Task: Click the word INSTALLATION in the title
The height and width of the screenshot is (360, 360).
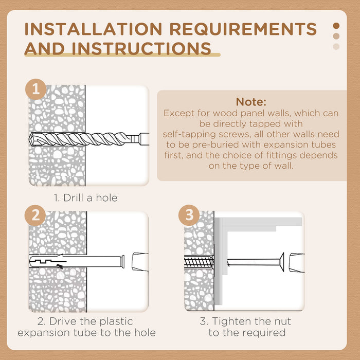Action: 94,29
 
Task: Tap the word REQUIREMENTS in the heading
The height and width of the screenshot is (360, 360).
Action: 243,29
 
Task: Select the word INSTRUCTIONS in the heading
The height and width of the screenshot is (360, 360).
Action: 141,48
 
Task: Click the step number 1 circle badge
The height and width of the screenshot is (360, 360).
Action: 36,89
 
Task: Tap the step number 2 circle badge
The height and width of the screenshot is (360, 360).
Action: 35,215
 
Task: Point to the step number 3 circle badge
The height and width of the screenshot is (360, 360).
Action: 189,215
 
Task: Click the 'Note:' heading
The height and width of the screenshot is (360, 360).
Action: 251,102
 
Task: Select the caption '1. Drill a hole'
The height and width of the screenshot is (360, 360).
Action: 86,197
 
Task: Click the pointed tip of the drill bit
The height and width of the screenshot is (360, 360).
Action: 30,139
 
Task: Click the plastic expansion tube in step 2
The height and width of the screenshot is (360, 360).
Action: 77,261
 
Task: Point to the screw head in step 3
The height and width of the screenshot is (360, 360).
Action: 282,262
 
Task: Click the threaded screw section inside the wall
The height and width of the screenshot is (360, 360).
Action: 199,262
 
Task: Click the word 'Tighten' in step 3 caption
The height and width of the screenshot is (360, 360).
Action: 230,321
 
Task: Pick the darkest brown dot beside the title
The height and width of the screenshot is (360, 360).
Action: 336,26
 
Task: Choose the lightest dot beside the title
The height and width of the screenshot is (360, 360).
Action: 336,47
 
